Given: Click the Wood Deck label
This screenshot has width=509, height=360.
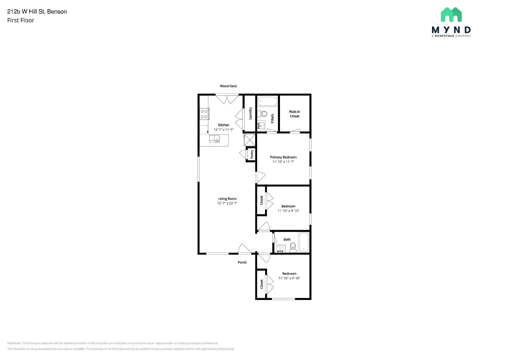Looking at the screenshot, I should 228,86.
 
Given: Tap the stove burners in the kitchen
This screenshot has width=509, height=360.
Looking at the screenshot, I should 204,114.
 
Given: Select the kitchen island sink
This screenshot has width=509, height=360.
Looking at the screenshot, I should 214,139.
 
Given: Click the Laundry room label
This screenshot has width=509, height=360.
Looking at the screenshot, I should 250,113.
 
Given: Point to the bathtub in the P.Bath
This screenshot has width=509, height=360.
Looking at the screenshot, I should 267,101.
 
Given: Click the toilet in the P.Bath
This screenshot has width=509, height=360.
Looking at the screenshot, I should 263,113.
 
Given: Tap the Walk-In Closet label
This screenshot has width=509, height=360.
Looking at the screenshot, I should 294,114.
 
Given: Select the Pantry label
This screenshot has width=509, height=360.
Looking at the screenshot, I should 252,154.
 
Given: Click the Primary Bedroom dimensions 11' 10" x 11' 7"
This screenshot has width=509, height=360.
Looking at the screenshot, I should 283,162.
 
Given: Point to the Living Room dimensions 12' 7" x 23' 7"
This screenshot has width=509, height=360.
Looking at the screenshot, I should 227,203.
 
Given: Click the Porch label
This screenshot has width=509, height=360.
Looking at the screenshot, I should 242,262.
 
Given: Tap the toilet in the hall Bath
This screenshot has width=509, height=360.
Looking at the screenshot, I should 293,247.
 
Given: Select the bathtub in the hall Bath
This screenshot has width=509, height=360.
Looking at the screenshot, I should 304,242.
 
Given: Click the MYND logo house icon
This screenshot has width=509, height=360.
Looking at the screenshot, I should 451,15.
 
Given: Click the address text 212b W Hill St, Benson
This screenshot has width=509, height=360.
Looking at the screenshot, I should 37,11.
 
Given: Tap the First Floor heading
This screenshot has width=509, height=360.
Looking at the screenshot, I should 21,20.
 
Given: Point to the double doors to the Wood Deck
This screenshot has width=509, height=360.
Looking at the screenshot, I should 227,99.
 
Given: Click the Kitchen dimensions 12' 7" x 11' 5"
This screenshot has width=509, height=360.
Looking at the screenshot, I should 223,129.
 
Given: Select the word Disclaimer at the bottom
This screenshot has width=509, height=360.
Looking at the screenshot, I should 14,343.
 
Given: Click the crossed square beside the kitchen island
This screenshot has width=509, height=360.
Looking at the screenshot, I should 249,140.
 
